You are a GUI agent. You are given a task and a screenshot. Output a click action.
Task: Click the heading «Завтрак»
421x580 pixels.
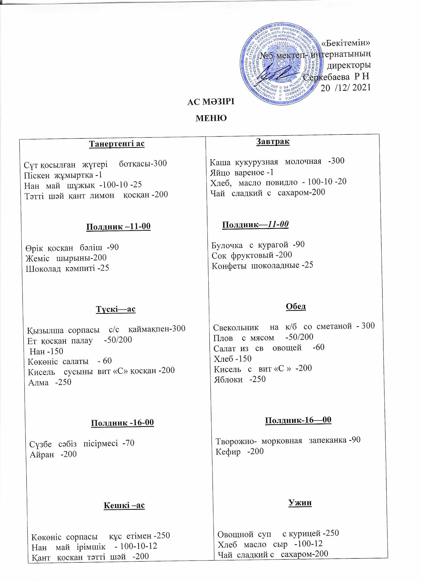coord(273,141)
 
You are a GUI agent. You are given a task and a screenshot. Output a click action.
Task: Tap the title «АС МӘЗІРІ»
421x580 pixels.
coord(211,102)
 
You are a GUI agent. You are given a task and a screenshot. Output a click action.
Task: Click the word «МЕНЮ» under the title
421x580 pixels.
coord(211,118)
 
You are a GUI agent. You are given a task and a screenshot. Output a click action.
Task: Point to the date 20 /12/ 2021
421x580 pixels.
coord(345,88)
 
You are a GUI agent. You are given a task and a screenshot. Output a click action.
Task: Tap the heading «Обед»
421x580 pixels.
coord(296,306)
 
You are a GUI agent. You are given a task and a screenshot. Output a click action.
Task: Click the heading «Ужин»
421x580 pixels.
coord(300,503)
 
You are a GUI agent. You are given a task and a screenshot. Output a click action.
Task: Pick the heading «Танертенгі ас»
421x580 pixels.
coord(117,144)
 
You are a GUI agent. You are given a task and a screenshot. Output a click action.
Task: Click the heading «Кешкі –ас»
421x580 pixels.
coord(124,505)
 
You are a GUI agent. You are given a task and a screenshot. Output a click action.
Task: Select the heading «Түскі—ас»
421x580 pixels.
coord(116,309)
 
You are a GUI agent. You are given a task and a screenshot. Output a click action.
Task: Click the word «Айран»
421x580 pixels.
coord(42,454)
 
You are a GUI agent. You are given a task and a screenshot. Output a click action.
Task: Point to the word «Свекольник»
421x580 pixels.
coord(236,328)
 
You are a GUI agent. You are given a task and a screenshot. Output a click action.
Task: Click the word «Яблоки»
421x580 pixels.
coord(228,380)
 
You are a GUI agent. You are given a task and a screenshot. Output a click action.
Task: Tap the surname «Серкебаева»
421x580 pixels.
coord(326,77)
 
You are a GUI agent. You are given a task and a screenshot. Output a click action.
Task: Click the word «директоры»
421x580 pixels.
coord(349,65)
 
